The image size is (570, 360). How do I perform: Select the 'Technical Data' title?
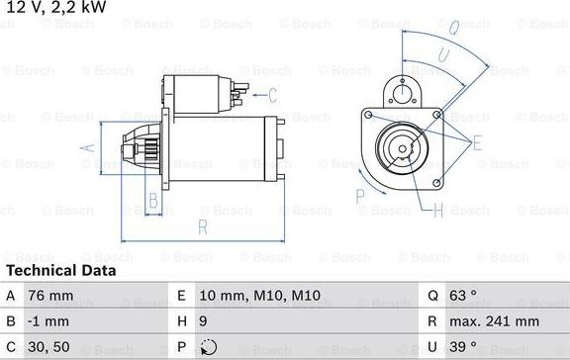(60, 270)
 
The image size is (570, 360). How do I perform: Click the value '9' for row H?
(204, 321)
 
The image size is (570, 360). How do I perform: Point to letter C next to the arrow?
(272, 95)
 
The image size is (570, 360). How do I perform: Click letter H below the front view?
(437, 210)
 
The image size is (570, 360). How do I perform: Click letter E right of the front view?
(478, 142)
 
